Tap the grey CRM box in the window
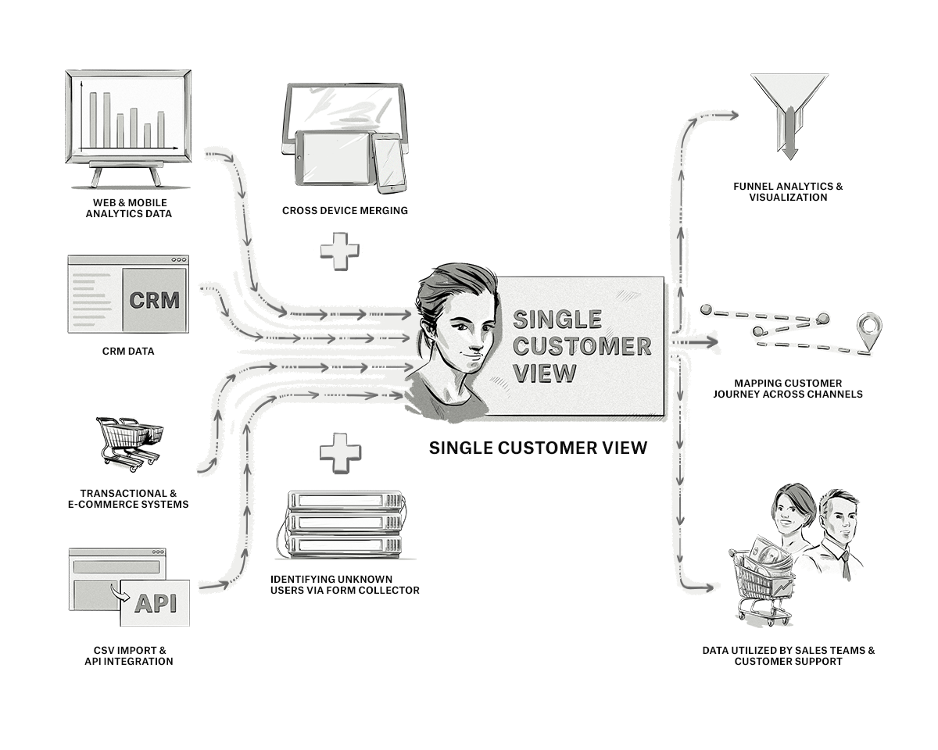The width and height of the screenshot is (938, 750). (x=154, y=300)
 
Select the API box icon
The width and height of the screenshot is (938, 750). (x=155, y=602)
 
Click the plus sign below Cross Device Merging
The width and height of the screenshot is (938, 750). (x=340, y=251)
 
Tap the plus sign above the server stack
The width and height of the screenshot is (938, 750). (x=340, y=453)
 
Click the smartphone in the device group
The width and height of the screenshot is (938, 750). (x=388, y=162)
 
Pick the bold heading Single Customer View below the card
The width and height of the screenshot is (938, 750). (x=538, y=448)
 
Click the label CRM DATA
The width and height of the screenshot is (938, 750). (x=128, y=352)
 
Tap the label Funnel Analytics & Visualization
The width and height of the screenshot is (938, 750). (x=788, y=192)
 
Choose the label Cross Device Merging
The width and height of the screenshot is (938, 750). (x=345, y=211)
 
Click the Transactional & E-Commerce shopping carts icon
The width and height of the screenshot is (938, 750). (x=129, y=443)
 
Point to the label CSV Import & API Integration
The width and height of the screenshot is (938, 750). (x=128, y=655)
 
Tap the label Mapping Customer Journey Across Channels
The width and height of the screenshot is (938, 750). (x=788, y=388)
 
